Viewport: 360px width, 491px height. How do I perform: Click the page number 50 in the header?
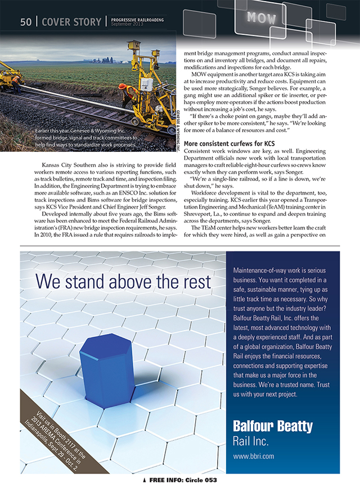[x=26, y=22]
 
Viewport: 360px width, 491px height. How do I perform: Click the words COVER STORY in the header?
[x=70, y=22]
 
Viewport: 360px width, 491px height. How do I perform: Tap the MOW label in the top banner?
[x=262, y=17]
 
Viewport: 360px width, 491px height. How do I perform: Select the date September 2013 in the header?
[x=127, y=25]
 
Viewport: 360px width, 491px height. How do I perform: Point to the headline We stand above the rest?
[x=123, y=281]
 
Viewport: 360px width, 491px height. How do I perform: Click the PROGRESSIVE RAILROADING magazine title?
[x=138, y=20]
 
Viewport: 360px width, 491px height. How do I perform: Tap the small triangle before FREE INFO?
[x=145, y=481]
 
